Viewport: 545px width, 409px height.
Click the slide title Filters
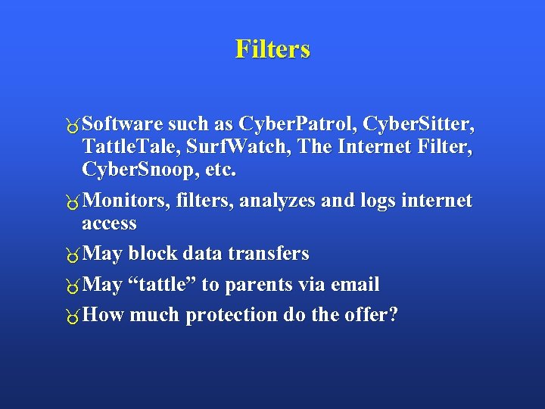(x=272, y=49)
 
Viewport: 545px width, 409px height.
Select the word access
(x=109, y=224)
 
